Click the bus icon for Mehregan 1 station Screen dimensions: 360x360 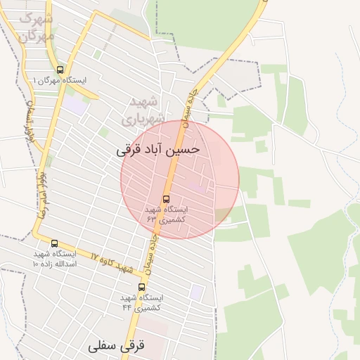click(x=60, y=70)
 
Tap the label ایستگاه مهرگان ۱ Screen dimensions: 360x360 click(x=59, y=81)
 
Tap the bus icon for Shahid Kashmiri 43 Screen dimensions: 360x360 click(x=166, y=199)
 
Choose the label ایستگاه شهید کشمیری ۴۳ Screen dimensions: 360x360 click(x=166, y=214)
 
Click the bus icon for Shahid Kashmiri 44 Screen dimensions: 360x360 click(x=142, y=287)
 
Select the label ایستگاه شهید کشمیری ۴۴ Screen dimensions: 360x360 click(x=142, y=302)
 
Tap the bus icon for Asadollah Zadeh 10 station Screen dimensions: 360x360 click(x=54, y=243)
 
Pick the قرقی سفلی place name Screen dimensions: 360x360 click(x=117, y=347)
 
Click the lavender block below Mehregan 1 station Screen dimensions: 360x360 click(x=75, y=105)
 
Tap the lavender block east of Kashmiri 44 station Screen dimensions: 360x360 click(x=198, y=291)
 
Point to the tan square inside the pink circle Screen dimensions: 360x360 click(x=222, y=214)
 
